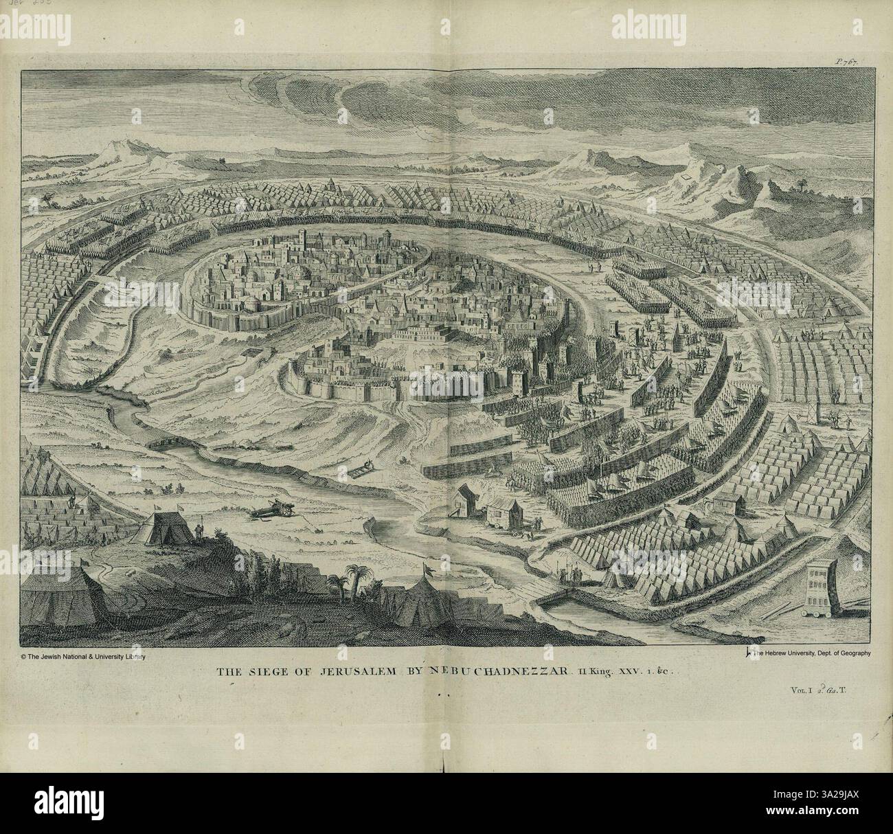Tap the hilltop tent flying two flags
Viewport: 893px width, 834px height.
[165, 529]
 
